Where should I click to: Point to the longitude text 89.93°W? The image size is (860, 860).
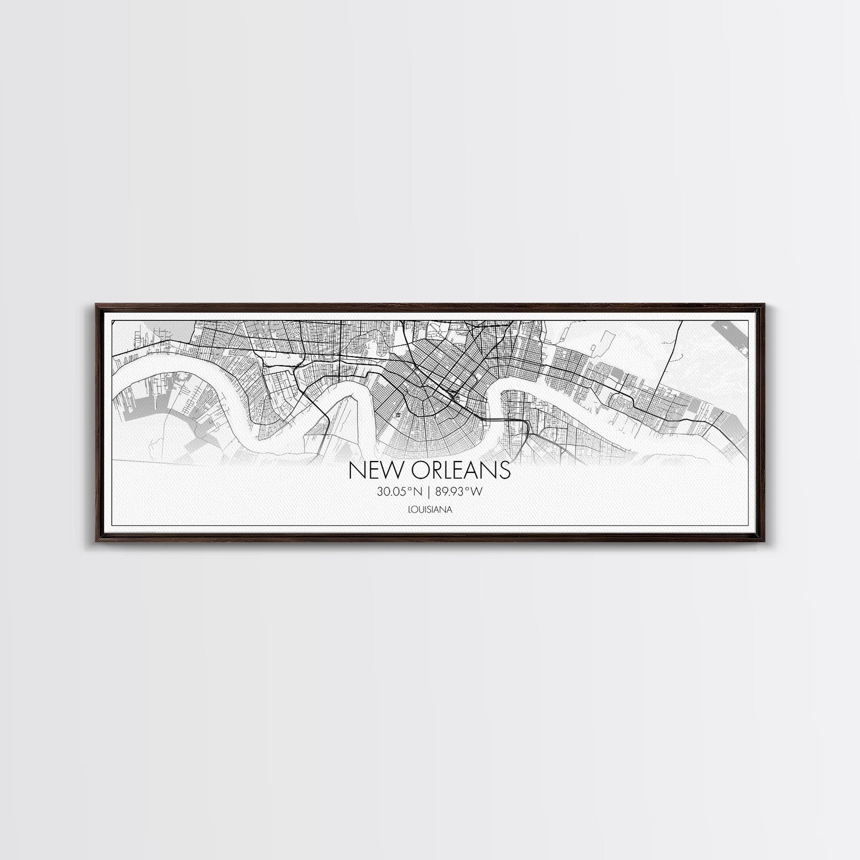click(x=460, y=491)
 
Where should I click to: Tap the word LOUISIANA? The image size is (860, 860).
click(x=429, y=509)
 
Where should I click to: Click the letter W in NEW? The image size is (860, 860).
click(x=389, y=470)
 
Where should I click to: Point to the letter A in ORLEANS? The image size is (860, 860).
click(x=475, y=470)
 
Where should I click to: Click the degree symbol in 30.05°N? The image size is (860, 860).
click(x=409, y=488)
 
